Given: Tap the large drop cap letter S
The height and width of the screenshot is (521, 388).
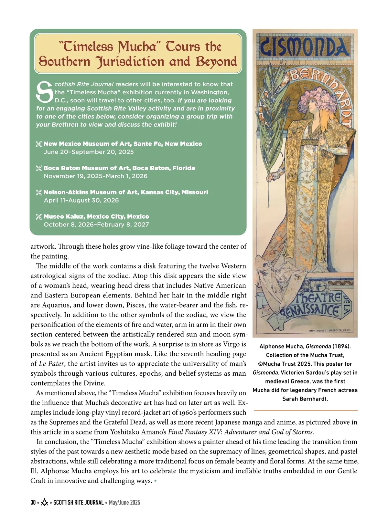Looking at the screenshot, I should [45, 92].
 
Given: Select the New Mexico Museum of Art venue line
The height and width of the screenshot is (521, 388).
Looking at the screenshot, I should [123, 144].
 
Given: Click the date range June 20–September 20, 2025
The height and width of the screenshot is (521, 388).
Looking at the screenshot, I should [89, 152].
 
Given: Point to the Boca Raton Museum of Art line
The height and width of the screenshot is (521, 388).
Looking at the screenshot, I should [119, 168].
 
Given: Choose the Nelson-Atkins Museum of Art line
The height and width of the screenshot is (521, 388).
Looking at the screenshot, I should [125, 192].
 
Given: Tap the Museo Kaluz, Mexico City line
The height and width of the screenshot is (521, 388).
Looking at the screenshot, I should [96, 216].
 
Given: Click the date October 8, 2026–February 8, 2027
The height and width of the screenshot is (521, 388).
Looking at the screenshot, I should [96, 224].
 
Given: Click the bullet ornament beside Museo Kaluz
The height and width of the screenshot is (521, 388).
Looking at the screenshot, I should [39, 217].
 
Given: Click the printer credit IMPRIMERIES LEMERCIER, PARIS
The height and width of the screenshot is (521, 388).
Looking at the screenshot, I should [329, 331].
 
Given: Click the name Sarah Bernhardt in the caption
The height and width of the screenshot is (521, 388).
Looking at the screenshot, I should [305, 399].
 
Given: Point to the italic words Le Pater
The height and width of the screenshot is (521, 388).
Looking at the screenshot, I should [51, 364].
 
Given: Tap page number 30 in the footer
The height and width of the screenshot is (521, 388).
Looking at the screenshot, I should [33, 503].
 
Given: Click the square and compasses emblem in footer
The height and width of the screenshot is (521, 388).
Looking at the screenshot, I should [45, 503].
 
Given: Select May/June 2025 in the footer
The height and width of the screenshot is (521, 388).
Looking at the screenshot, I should [124, 503].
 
